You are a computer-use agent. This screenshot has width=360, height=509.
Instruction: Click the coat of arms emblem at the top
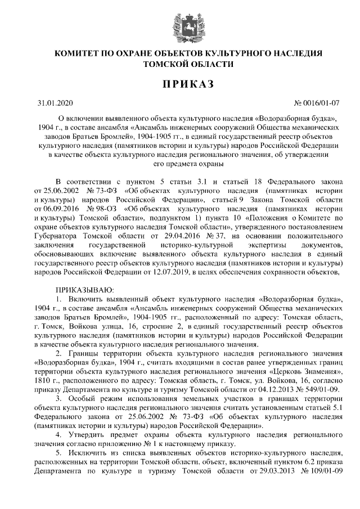[179, 25]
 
